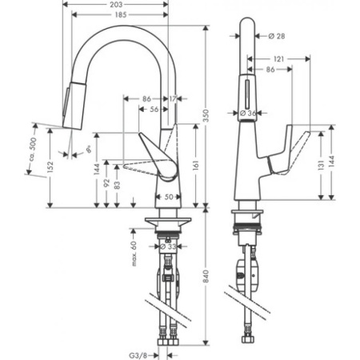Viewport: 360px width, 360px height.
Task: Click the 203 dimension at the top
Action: click(x=116, y=5)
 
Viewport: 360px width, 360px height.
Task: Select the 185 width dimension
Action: click(x=116, y=15)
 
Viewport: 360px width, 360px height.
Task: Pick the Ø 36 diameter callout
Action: click(x=250, y=114)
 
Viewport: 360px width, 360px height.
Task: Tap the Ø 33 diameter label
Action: click(x=168, y=247)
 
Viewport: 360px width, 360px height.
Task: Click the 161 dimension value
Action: click(x=197, y=169)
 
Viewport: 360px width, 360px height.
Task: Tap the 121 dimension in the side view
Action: click(x=278, y=59)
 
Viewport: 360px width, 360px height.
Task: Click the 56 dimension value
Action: click(x=153, y=110)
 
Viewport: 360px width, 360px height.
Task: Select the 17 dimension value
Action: click(x=174, y=98)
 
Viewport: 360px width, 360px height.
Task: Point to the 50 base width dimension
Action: click(x=168, y=197)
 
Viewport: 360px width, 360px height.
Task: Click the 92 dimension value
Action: click(x=106, y=183)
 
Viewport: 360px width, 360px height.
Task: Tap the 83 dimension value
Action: click(x=118, y=186)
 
